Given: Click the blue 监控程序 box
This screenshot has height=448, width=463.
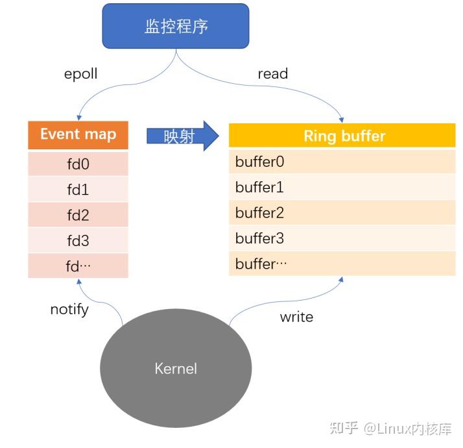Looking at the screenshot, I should click(x=176, y=27).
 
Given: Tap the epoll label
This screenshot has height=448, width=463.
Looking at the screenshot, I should click(x=80, y=74).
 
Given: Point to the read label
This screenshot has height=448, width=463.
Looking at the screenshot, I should click(x=272, y=74).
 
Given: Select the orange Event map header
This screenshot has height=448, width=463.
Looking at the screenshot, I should click(x=78, y=134).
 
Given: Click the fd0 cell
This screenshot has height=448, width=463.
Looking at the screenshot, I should click(x=78, y=164).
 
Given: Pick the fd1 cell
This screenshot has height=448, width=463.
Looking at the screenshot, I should click(x=78, y=190).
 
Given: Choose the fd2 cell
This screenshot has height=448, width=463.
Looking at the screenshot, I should click(x=78, y=216).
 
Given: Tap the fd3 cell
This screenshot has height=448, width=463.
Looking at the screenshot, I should click(x=78, y=241).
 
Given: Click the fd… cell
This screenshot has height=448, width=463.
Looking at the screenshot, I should click(x=78, y=266).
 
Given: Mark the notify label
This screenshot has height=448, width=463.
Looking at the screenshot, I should click(x=69, y=309).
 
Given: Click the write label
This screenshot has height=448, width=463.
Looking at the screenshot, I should click(x=296, y=317).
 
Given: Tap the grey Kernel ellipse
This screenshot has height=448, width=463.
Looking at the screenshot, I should click(x=176, y=368).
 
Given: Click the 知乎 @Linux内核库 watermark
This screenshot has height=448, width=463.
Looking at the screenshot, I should click(x=390, y=429).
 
